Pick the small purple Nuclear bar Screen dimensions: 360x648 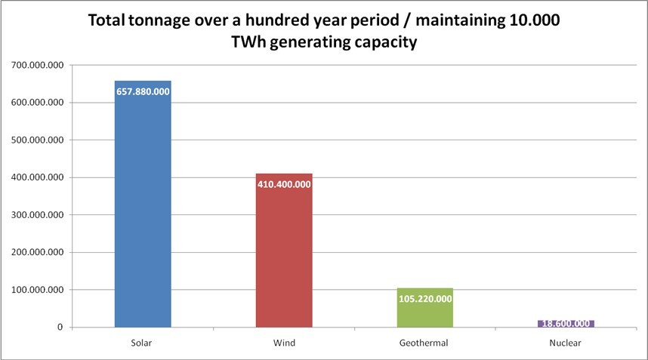click(x=566, y=324)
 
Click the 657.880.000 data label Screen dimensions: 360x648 click(x=143, y=91)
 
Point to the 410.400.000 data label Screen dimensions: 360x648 click(x=284, y=183)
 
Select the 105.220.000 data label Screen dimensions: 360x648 click(x=424, y=298)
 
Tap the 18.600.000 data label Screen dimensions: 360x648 click(x=566, y=324)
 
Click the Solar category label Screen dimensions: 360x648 click(x=143, y=343)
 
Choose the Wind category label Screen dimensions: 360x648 click(x=284, y=343)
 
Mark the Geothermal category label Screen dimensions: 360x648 click(x=424, y=343)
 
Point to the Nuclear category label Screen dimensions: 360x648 click(x=566, y=343)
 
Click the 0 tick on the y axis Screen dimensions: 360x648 click(x=59, y=327)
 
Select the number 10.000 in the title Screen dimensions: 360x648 click(x=533, y=20)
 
